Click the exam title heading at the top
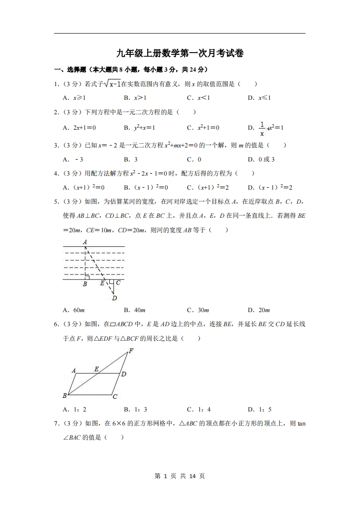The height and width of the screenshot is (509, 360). (x=180, y=54)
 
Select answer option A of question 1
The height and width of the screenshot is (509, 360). (x=74, y=98)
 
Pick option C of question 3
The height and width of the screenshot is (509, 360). (x=194, y=159)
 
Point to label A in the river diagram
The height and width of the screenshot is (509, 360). (x=85, y=242)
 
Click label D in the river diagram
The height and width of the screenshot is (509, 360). (x=114, y=298)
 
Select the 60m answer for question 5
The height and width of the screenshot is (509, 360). (x=74, y=310)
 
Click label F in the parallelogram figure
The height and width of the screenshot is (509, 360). (x=131, y=351)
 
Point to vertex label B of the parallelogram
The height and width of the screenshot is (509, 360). (x=65, y=396)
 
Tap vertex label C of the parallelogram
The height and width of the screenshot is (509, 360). (x=115, y=396)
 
